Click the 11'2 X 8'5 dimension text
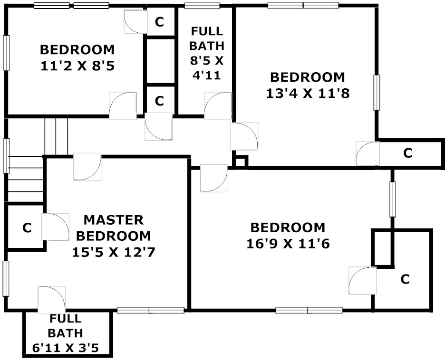coord(77,66)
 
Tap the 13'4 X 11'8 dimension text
coord(308,93)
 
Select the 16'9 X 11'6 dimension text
coord(288,244)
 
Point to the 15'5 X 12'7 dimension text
coord(114,252)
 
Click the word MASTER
coord(114,220)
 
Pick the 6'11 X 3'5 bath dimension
coord(66,348)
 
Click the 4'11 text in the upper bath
coord(207,76)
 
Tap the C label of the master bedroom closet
coord(27,227)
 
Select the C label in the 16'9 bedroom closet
coord(405,279)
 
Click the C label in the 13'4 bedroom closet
coord(408,153)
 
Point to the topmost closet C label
coord(159,22)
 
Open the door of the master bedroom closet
coord(55,227)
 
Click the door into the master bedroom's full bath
coord(52,300)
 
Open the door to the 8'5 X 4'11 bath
coord(218,106)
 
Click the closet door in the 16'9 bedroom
coord(362,281)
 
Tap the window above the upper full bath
coord(202,5)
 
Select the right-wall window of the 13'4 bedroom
coord(377,92)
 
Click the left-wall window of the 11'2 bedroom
coord(6,53)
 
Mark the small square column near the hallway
coord(241,162)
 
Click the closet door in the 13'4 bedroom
coord(368,153)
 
